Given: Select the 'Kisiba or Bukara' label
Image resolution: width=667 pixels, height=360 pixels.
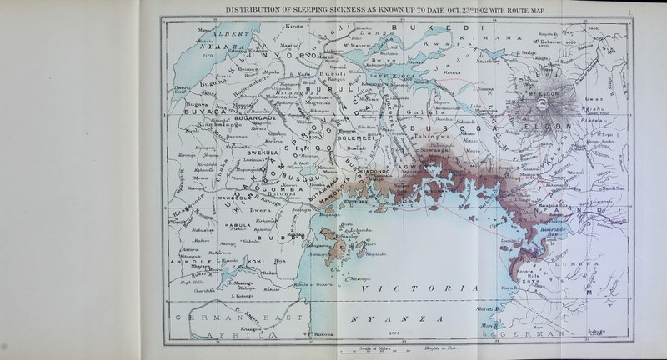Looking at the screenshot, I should pos(313,285).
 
